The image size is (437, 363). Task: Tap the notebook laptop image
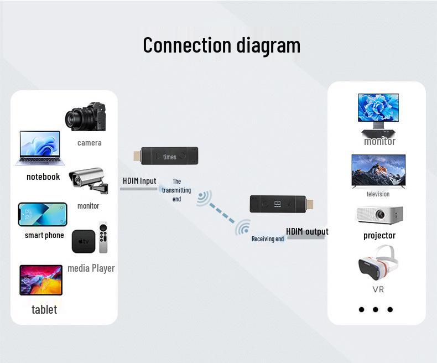point(40,148)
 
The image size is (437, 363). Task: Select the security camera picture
point(89,180)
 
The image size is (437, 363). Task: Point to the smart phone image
point(43,214)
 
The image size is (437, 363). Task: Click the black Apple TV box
point(84,241)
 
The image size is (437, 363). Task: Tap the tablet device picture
point(41,280)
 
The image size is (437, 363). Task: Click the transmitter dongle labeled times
point(166,156)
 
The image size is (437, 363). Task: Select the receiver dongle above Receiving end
point(282,204)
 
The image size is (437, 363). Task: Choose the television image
point(378,171)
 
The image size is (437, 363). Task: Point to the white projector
point(379,215)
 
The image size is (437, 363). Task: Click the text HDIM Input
point(139,181)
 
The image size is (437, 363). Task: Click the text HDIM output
point(307,231)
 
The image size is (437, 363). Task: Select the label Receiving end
point(268,239)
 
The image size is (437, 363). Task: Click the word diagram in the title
point(268,45)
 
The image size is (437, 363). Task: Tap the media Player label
point(91,268)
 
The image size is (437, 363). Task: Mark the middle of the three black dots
point(376,309)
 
